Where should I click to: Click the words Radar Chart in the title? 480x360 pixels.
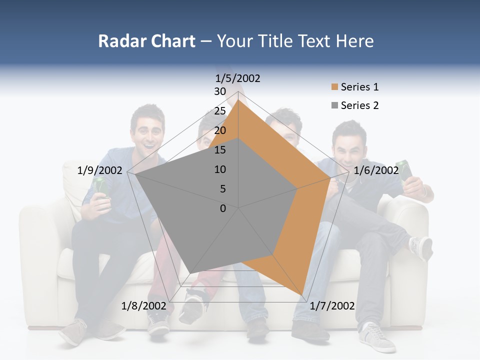146,41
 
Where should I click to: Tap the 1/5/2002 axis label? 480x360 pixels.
238,78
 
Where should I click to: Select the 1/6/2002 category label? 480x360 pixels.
376,170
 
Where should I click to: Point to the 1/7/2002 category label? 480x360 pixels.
332,305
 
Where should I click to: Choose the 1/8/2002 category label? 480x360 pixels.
143,305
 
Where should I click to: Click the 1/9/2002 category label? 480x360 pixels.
100,170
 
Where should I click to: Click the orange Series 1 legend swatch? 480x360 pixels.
334,87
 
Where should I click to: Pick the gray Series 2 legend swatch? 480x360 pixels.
334,105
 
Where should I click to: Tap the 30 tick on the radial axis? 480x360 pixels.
220,91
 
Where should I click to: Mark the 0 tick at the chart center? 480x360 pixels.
223,208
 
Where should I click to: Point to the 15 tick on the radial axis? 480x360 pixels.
220,150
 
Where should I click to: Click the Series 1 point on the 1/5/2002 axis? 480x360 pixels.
238,99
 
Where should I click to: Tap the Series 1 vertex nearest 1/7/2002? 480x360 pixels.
303,293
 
